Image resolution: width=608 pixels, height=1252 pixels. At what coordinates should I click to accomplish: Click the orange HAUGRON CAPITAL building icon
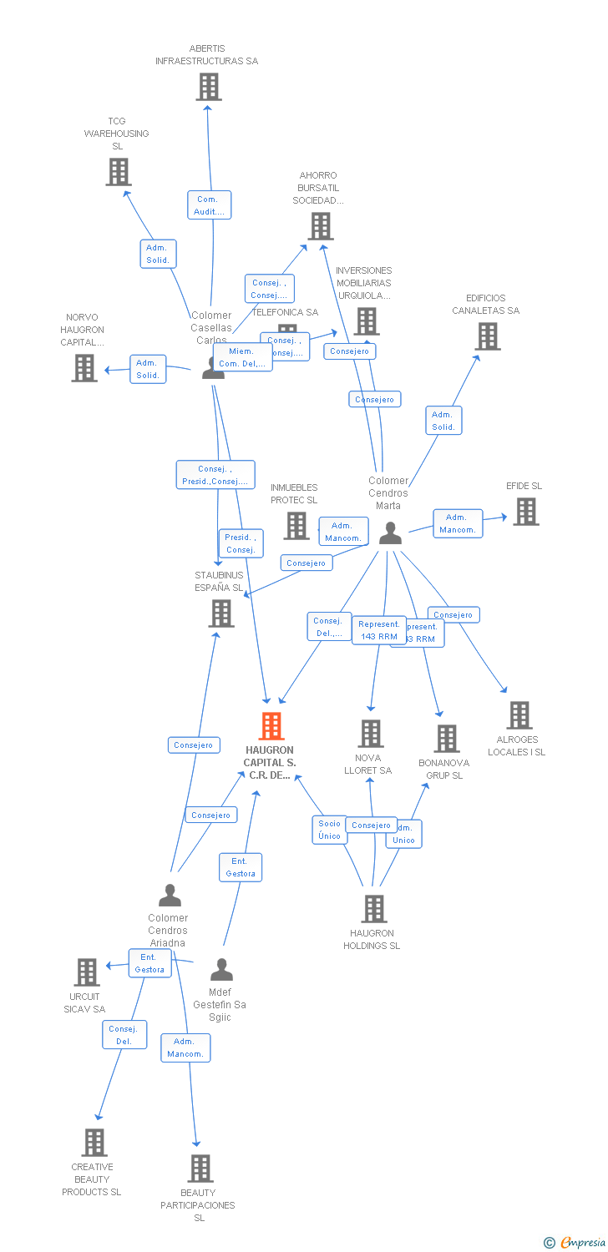click(271, 726)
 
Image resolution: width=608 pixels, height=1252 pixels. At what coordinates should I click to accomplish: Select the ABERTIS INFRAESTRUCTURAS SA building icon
click(208, 87)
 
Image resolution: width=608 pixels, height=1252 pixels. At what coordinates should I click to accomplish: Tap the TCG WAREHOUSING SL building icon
click(119, 172)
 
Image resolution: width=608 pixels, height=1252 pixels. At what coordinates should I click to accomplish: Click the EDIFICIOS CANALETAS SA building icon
click(488, 336)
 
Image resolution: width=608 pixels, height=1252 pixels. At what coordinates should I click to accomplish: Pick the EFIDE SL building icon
click(525, 512)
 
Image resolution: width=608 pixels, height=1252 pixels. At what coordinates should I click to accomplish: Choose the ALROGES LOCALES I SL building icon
click(519, 715)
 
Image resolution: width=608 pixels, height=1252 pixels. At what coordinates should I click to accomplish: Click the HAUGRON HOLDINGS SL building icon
click(373, 909)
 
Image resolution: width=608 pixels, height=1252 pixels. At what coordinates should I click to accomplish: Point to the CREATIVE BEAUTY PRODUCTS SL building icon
click(94, 1142)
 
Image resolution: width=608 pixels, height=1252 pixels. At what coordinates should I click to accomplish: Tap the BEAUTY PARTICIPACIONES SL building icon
click(200, 1169)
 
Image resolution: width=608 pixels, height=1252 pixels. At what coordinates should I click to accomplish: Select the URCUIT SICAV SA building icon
click(87, 972)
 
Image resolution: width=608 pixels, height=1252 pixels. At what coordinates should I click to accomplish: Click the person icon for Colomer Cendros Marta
click(390, 533)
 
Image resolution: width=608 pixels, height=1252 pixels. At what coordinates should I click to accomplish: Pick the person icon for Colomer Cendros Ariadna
click(170, 896)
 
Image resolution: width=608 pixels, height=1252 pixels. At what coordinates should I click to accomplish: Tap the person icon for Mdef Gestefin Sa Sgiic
click(221, 970)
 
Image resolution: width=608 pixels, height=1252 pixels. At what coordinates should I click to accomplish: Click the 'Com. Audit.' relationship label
click(209, 205)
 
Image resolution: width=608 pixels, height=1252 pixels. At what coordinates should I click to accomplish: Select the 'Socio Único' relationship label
click(330, 830)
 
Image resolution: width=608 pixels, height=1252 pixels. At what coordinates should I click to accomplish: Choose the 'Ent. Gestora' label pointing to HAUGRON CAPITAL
click(241, 867)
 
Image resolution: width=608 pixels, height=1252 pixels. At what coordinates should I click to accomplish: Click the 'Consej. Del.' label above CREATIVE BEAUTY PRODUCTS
click(124, 1035)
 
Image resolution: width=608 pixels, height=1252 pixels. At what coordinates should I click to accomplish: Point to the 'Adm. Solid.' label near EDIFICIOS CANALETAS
click(443, 421)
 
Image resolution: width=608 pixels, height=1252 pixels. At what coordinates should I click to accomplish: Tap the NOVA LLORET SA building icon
click(370, 734)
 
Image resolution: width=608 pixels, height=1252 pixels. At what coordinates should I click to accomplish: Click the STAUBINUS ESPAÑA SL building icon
click(221, 613)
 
